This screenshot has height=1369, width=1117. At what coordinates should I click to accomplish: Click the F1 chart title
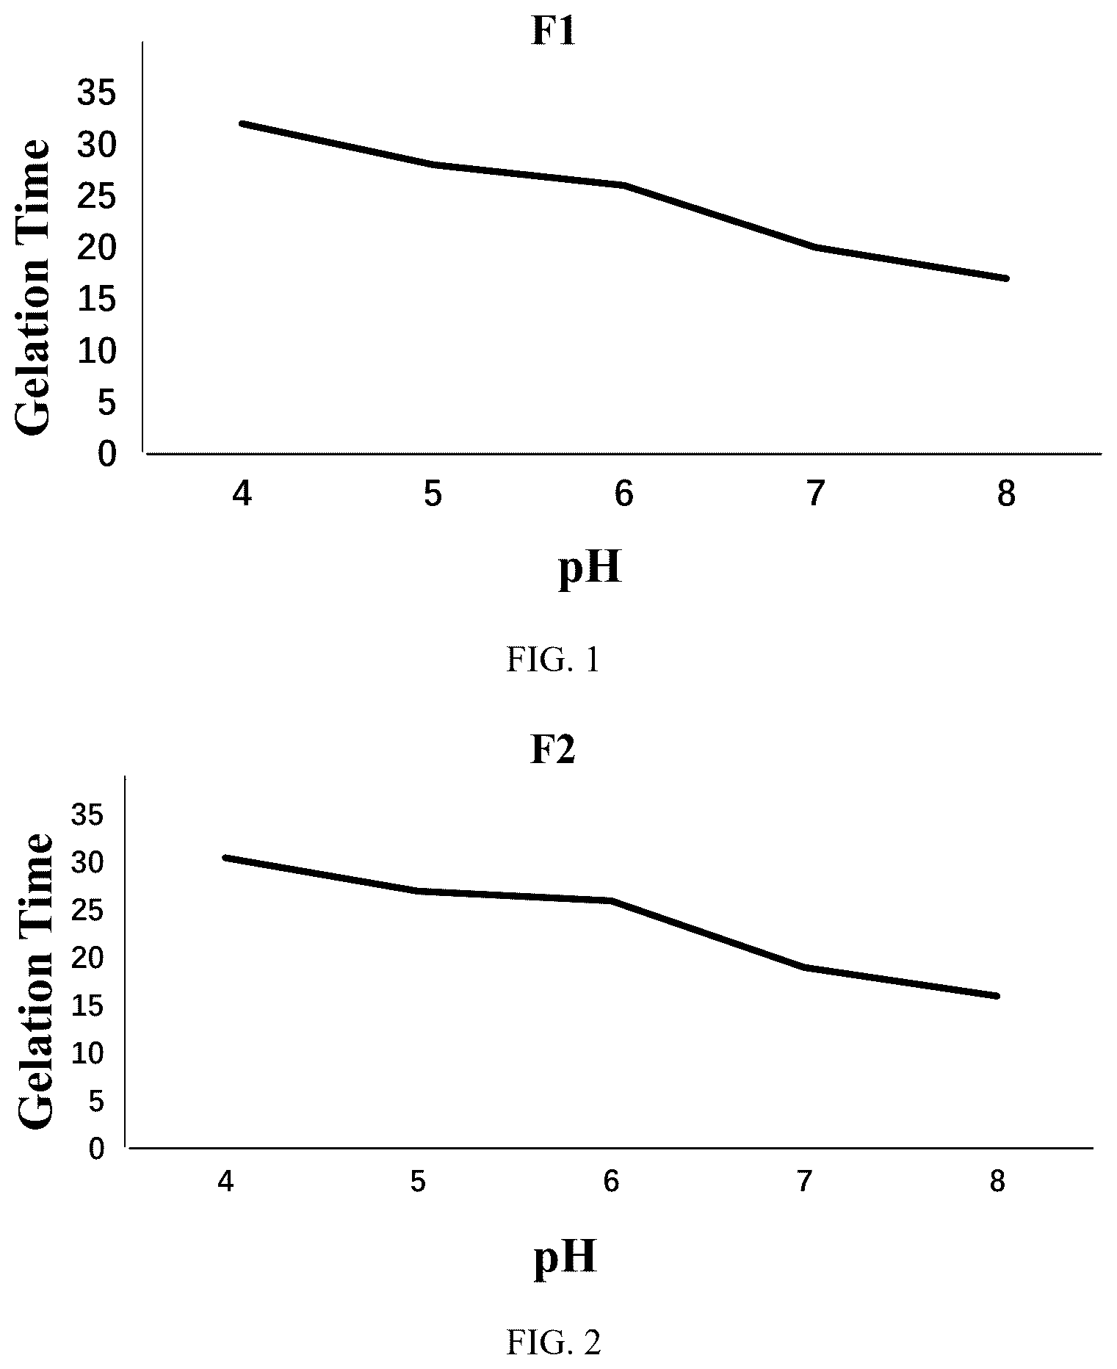pos(552,32)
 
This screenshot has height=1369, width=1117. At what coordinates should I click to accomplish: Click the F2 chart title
pos(552,750)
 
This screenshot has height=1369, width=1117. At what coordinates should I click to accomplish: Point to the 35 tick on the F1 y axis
pos(97,95)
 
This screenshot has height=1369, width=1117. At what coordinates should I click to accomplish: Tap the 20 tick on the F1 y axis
pos(97,249)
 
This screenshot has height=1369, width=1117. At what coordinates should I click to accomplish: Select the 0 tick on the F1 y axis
pos(106,455)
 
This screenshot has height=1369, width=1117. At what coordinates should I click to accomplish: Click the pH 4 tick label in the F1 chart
pos(242,494)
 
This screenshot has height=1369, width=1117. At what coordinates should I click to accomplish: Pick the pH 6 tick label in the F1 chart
pos(623,494)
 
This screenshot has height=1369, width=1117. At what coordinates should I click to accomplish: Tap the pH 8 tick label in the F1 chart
pos(1005,494)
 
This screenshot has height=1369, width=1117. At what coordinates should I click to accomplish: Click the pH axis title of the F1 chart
pos(590,569)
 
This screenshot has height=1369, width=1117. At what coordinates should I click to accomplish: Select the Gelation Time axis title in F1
pos(34,287)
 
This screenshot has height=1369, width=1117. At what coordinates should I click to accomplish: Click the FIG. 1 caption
pos(553,660)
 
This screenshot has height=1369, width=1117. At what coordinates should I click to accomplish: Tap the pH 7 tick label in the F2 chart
pos(804,1182)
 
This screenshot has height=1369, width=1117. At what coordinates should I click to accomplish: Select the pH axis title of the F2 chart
pos(564,1257)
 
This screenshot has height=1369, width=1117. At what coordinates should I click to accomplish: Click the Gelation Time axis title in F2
pos(35,980)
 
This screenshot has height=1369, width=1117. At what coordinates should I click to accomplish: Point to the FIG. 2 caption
pos(554,1343)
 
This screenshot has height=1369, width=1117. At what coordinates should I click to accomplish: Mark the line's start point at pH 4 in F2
pos(226,857)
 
